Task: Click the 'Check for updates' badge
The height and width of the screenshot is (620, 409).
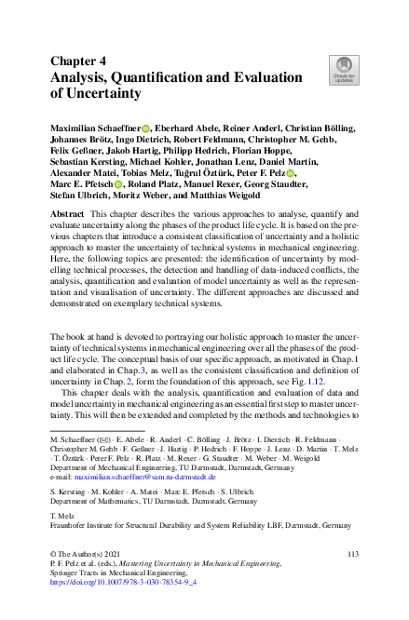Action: click(x=344, y=68)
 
